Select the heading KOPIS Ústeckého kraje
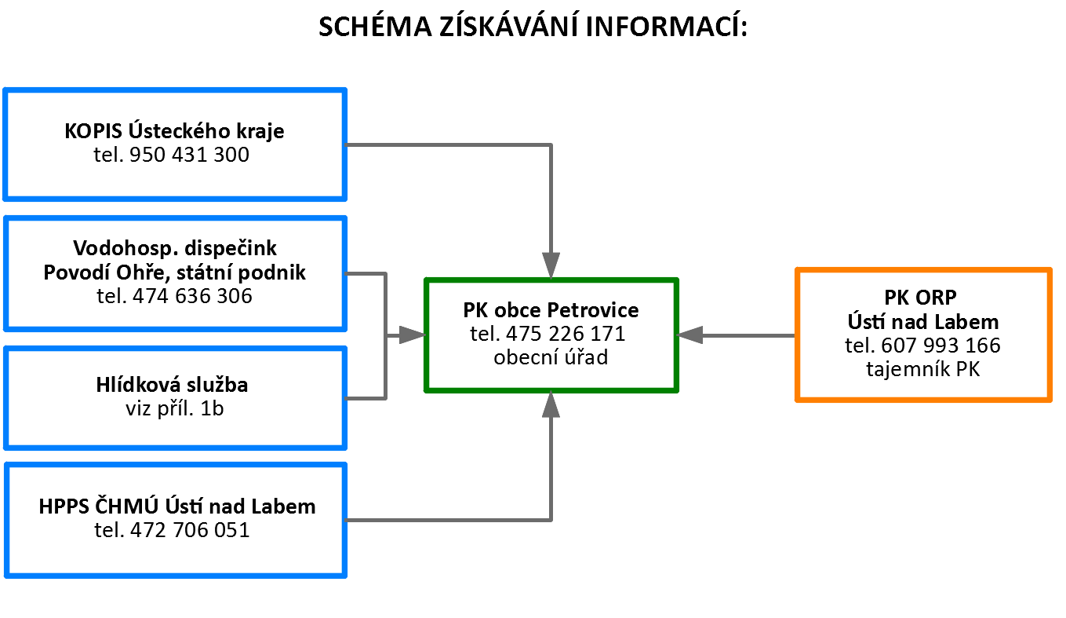pos(174,131)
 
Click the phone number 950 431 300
pos(189,155)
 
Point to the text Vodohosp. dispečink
pos(175,248)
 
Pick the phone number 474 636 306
pos(192,296)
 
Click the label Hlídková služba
pos(172,385)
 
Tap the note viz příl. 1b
pos(174,409)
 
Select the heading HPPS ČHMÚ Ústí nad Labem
pos(177,506)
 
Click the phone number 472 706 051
pos(190,530)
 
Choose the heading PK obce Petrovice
pos(551,310)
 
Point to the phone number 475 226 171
pos(566,334)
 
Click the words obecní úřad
pos(551,357)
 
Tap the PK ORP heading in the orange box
pos(920,298)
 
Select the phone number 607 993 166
pos(940,346)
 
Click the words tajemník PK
pos(922,369)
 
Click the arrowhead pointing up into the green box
pos(551,404)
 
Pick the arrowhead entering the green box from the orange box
pos(689,335)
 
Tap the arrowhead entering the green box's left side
pos(412,335)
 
